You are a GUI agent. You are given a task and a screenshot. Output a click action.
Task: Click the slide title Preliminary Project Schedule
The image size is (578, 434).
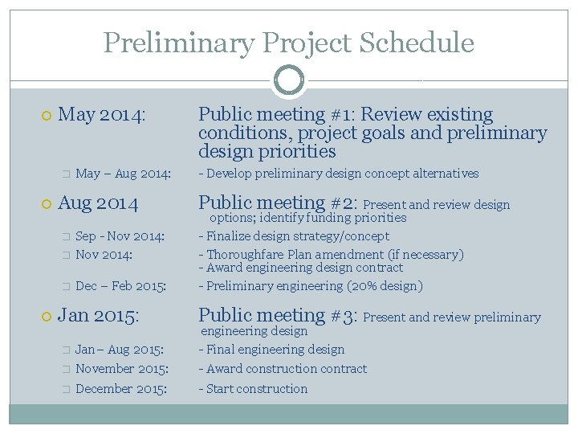[x=288, y=43]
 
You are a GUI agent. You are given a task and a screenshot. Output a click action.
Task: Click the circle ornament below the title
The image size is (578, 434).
[x=288, y=80]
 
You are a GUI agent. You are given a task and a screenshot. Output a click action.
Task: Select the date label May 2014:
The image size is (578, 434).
[x=103, y=115]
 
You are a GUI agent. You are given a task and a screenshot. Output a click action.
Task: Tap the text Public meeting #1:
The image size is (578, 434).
[x=277, y=115]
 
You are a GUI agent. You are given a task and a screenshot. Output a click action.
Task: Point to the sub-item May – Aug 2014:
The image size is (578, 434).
[x=123, y=174]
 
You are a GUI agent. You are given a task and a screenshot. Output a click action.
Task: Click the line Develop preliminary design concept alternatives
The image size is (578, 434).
[x=338, y=174]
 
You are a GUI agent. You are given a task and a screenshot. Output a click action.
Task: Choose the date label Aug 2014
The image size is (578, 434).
[x=99, y=203]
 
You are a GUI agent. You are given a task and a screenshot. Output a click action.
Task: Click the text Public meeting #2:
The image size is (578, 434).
[x=278, y=203]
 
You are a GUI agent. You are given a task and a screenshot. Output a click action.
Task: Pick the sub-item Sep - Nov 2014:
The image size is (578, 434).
[x=120, y=236]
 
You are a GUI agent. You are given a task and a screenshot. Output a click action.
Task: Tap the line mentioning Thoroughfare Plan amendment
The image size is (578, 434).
[x=331, y=254]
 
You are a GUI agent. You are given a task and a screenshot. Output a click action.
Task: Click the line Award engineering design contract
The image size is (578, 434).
[x=300, y=268]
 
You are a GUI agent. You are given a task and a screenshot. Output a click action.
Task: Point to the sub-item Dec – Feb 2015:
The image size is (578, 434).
[x=120, y=286]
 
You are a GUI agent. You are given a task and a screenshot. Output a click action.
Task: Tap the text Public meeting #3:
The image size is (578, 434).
[x=278, y=316]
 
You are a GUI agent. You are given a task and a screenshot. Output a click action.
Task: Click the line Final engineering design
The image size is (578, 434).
[x=271, y=350]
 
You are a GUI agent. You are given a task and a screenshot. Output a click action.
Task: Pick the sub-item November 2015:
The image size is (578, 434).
[x=122, y=369]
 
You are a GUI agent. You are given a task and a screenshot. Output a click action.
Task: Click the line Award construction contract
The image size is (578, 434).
[x=283, y=369]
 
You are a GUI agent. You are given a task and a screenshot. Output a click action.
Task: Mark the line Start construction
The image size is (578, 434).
[x=253, y=389]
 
